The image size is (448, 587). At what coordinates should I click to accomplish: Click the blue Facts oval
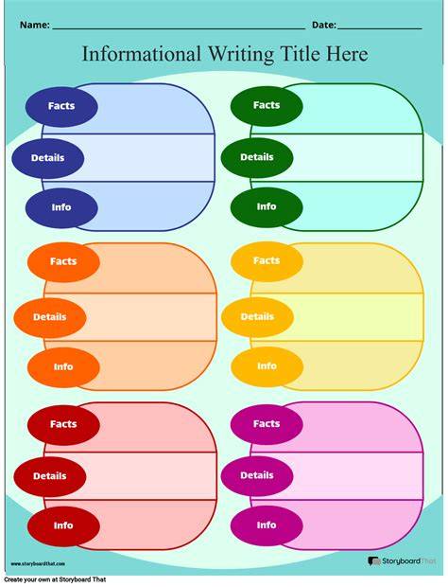(x=61, y=106)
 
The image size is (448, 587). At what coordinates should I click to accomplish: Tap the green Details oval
(x=257, y=157)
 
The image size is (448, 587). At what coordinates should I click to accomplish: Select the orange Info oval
(x=63, y=367)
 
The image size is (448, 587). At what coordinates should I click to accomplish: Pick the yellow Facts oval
(x=267, y=261)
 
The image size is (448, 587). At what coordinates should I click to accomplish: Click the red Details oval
(x=50, y=476)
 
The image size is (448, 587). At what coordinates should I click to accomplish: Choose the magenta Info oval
(x=267, y=525)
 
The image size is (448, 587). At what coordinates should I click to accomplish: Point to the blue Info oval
(x=61, y=207)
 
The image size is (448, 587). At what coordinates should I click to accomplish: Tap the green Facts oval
(x=267, y=106)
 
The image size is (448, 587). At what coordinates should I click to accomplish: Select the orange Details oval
(x=50, y=317)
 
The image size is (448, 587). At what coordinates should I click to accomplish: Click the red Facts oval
(x=63, y=424)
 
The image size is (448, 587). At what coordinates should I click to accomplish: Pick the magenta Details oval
(x=257, y=475)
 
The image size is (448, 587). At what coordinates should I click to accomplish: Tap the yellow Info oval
(x=267, y=366)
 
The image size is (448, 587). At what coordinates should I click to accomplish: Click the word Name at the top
(x=34, y=25)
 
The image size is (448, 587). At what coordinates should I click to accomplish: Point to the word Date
(x=324, y=25)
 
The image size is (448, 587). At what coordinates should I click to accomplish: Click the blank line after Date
(x=380, y=28)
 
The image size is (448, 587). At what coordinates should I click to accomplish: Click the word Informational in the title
(x=141, y=54)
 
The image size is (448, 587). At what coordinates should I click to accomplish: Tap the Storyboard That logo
(x=402, y=561)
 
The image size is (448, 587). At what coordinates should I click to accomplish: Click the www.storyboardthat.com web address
(x=38, y=563)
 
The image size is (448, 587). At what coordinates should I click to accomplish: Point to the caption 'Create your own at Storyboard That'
(x=56, y=579)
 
